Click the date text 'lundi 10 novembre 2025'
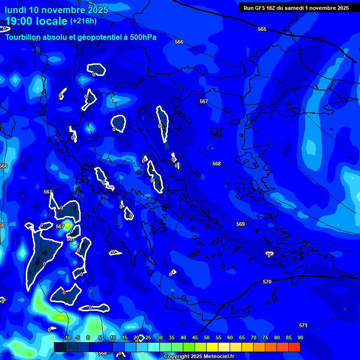click(57, 10)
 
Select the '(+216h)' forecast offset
click(83, 21)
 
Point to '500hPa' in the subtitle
click(143, 37)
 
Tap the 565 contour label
click(262, 29)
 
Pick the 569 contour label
click(240, 224)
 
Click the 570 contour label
click(267, 282)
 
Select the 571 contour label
click(303, 325)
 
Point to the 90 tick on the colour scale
click(300, 337)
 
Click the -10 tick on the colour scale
click(67, 337)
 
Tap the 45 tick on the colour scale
click(195, 337)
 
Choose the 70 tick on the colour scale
click(253, 337)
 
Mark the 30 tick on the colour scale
click(159, 337)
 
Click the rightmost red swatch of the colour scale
click(294, 347)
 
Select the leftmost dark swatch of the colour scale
click(60, 347)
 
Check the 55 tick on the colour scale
click(218, 337)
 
